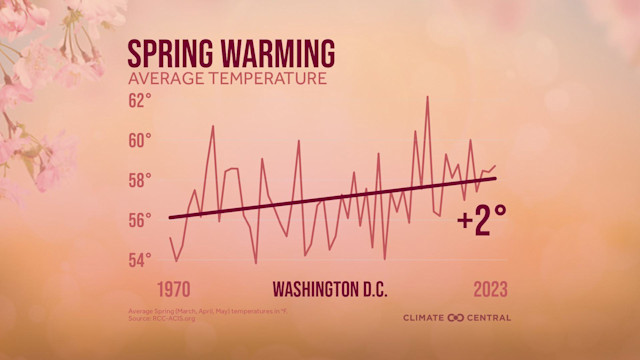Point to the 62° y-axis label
point(140,100)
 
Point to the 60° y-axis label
point(140,140)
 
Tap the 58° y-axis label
point(140,180)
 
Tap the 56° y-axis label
point(140,220)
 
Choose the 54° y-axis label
point(140,260)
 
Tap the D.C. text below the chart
point(374,290)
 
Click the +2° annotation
point(474,222)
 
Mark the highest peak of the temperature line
point(427,97)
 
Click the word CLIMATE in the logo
point(425,318)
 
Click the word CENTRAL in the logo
point(488,318)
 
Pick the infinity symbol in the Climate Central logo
point(456,318)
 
